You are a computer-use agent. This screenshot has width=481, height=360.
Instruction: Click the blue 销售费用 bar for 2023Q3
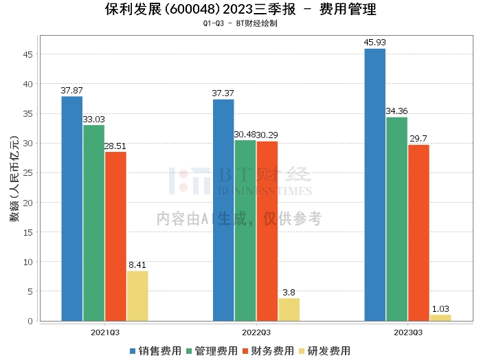pyautogui.click(x=375, y=185)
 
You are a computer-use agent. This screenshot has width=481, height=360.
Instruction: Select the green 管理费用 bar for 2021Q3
pyautogui.click(x=94, y=223)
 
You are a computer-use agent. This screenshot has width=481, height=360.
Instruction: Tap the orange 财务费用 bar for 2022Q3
pyautogui.click(x=267, y=232)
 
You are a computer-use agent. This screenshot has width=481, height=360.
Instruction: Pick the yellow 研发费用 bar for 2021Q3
pyautogui.click(x=137, y=296)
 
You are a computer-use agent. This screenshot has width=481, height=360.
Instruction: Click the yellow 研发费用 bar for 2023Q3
pyautogui.click(x=440, y=318)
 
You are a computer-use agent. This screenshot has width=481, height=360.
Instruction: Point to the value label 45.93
pyautogui.click(x=374, y=43)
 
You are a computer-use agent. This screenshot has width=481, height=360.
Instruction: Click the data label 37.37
pyautogui.click(x=223, y=93)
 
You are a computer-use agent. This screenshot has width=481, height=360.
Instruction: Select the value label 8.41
pyautogui.click(x=137, y=265)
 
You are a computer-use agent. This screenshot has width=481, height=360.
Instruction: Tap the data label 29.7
pyautogui.click(x=418, y=139)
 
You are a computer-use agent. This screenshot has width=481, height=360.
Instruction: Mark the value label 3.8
pyautogui.click(x=289, y=293)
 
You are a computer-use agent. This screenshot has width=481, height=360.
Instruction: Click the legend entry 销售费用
pyautogui.click(x=155, y=351)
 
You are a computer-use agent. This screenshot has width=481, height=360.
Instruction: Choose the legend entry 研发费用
pyautogui.click(x=324, y=351)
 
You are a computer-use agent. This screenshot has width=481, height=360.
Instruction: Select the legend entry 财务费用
pyautogui.click(x=268, y=351)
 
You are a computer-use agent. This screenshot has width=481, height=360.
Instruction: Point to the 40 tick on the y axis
pyautogui.click(x=28, y=84)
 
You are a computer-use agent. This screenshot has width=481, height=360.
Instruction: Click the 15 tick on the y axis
pyautogui.click(x=28, y=232)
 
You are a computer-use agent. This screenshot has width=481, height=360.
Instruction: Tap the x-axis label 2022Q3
pyautogui.click(x=256, y=333)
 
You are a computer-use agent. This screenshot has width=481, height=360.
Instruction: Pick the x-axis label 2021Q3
pyautogui.click(x=105, y=333)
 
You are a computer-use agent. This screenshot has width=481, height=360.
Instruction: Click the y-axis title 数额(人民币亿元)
pyautogui.click(x=14, y=179)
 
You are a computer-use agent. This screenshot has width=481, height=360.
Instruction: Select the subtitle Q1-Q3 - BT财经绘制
pyautogui.click(x=240, y=23)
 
